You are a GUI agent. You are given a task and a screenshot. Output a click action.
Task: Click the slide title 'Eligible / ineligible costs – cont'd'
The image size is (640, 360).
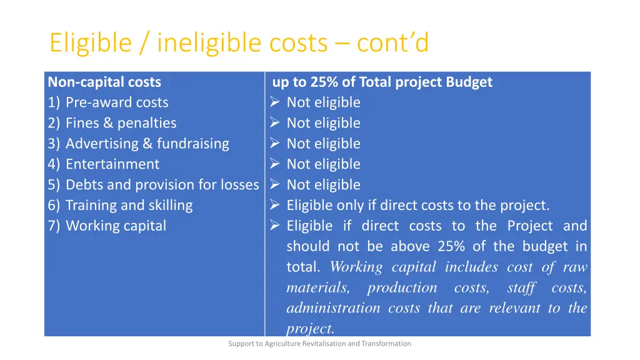click(239, 43)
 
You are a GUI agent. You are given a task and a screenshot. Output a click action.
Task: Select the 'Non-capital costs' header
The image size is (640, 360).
click(104, 82)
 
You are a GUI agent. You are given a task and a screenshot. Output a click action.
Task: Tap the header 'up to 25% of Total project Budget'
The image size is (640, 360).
click(382, 82)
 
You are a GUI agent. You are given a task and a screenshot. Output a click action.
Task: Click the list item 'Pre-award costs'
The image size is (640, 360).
click(117, 102)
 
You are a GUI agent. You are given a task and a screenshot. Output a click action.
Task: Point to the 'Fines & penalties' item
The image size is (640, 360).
click(121, 123)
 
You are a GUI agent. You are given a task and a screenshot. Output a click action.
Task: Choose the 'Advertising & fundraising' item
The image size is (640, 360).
click(147, 144)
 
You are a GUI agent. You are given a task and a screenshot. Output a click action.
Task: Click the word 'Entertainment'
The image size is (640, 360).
click(112, 164)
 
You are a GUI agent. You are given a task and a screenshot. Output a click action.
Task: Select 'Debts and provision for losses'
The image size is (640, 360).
click(162, 185)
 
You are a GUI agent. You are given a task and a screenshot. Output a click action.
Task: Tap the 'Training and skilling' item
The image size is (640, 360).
click(129, 206)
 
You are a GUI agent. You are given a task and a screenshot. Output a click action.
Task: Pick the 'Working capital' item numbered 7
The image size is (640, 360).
click(116, 226)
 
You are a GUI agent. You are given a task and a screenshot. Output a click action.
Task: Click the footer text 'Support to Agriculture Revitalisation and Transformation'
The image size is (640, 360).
click(319, 343)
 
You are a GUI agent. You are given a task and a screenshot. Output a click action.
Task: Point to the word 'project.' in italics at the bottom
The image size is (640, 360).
click(311, 328)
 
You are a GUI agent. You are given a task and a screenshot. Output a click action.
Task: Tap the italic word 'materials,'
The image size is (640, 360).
click(317, 287)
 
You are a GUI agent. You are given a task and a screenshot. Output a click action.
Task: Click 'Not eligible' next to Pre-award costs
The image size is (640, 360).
click(323, 102)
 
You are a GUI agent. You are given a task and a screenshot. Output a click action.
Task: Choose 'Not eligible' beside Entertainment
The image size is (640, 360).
click(323, 164)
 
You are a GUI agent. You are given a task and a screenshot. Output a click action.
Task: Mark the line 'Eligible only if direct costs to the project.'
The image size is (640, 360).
click(417, 206)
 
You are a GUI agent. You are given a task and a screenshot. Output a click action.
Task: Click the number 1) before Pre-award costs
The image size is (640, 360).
click(54, 102)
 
